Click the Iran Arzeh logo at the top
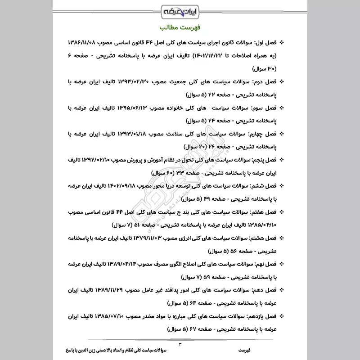click(180, 9)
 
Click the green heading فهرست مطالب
click(180, 27)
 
